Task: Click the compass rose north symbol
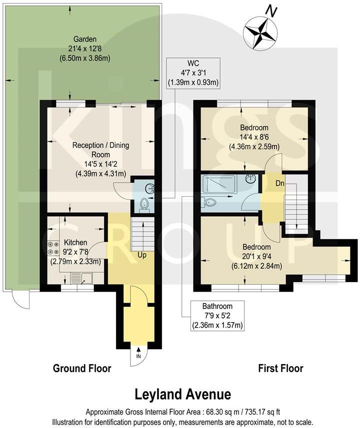click(x=260, y=32)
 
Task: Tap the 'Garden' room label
click(x=84, y=39)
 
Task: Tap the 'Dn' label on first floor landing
click(x=273, y=183)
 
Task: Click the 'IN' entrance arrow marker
click(x=138, y=356)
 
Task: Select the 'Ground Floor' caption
click(x=82, y=369)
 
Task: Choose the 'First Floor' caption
click(x=280, y=369)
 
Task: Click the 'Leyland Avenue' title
click(x=183, y=395)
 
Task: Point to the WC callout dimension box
click(x=195, y=73)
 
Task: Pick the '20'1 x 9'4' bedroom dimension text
click(x=256, y=256)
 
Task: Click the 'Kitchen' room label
click(x=75, y=242)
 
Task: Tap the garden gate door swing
click(x=21, y=300)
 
